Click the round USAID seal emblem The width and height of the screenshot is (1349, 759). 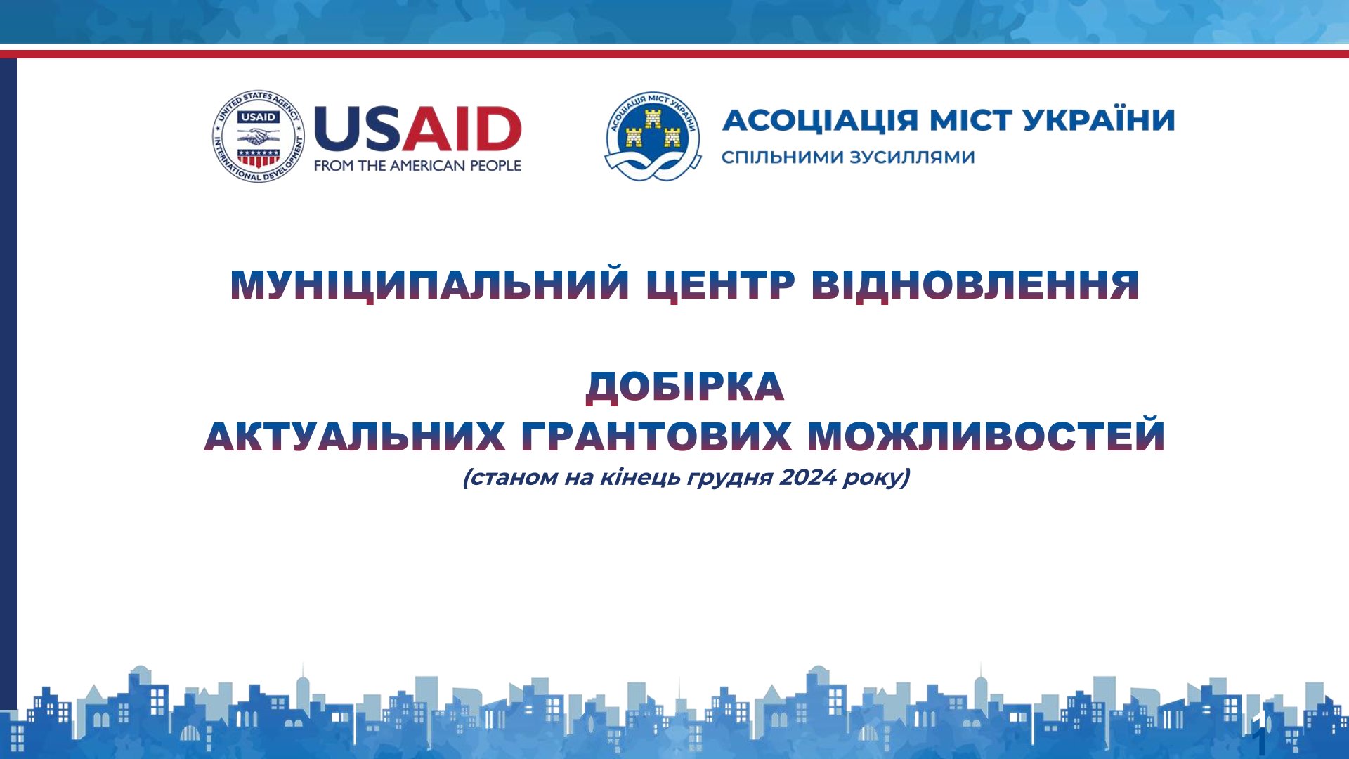259,136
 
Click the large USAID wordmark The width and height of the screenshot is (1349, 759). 417,129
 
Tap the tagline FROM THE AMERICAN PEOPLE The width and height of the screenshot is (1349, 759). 417,166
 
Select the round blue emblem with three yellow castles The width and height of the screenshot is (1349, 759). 653,136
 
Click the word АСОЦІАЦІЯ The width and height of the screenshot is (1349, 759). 820,121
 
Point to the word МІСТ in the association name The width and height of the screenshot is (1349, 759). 970,120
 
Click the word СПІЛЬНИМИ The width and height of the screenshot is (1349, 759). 782,157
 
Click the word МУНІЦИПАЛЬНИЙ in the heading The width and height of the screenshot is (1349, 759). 429,285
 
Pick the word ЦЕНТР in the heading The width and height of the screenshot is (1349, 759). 720,285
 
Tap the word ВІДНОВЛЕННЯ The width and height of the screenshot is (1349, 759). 975,285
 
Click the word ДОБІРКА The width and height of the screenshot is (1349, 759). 685,387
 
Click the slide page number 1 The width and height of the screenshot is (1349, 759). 1261,741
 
